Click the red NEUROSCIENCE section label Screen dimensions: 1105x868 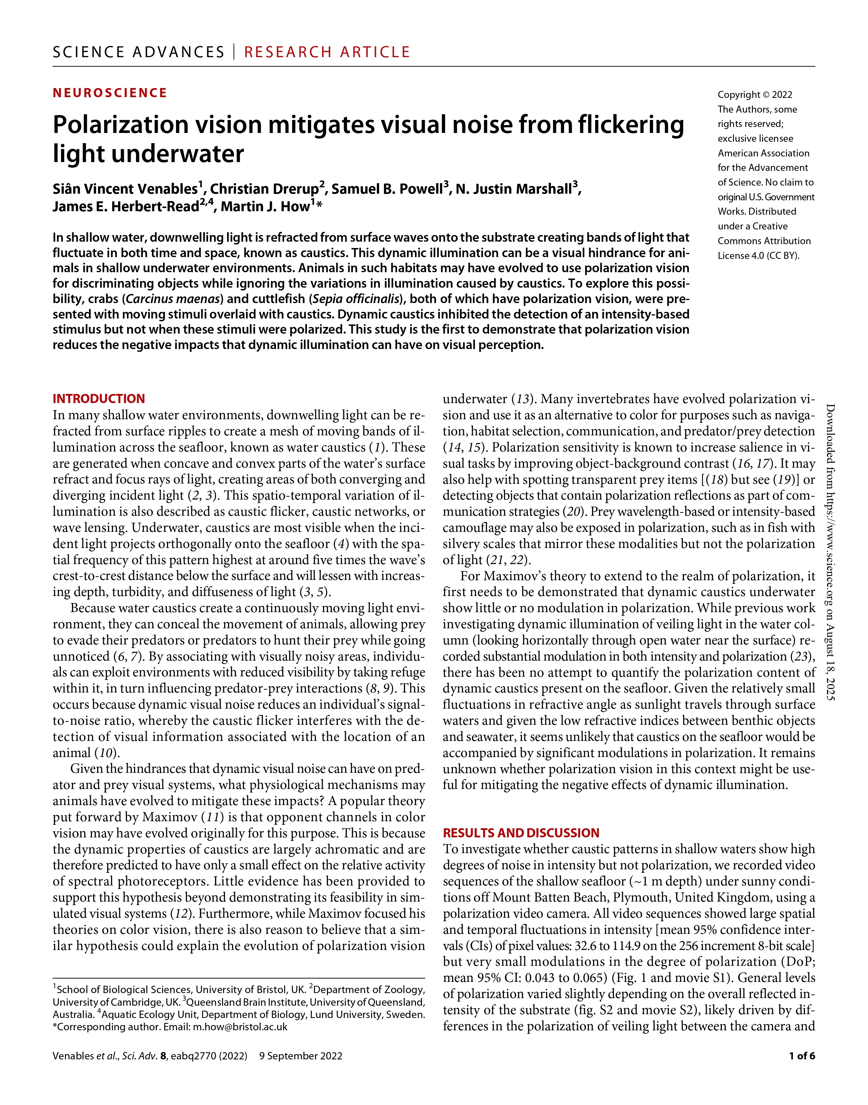coord(110,93)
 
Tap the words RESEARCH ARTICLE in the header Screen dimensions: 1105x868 coord(327,52)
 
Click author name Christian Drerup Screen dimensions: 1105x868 coord(264,189)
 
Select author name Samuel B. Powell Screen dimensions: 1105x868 coord(387,189)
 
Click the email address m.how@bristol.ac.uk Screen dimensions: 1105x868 coord(240,1027)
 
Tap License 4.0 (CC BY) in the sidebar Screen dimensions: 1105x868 coord(758,256)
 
